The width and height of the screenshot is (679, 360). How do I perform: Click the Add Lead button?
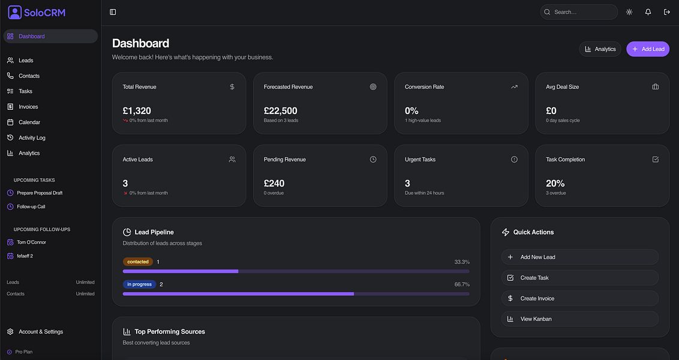(x=648, y=49)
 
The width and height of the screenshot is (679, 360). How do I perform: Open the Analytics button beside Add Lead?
(x=600, y=49)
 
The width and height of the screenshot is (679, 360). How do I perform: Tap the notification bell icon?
(x=648, y=12)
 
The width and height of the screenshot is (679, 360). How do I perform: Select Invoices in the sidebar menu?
(x=28, y=107)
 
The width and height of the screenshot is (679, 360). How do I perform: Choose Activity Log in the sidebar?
(x=32, y=138)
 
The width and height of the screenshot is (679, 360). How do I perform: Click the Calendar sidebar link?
(x=29, y=122)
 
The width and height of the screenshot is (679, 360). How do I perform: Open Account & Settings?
(x=40, y=332)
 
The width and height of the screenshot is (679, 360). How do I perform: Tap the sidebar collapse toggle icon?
(x=113, y=12)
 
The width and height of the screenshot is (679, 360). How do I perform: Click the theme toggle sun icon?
(x=629, y=12)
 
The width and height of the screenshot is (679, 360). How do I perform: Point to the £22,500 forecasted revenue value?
(x=280, y=111)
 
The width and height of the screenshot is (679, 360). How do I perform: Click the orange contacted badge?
(x=138, y=262)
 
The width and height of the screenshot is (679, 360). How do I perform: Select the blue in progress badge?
(x=139, y=284)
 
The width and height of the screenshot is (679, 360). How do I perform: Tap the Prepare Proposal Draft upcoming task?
(x=40, y=193)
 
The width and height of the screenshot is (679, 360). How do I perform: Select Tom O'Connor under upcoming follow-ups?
(x=31, y=242)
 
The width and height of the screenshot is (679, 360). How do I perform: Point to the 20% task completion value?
(x=555, y=184)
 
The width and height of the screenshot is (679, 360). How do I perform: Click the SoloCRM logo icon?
(x=14, y=12)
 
